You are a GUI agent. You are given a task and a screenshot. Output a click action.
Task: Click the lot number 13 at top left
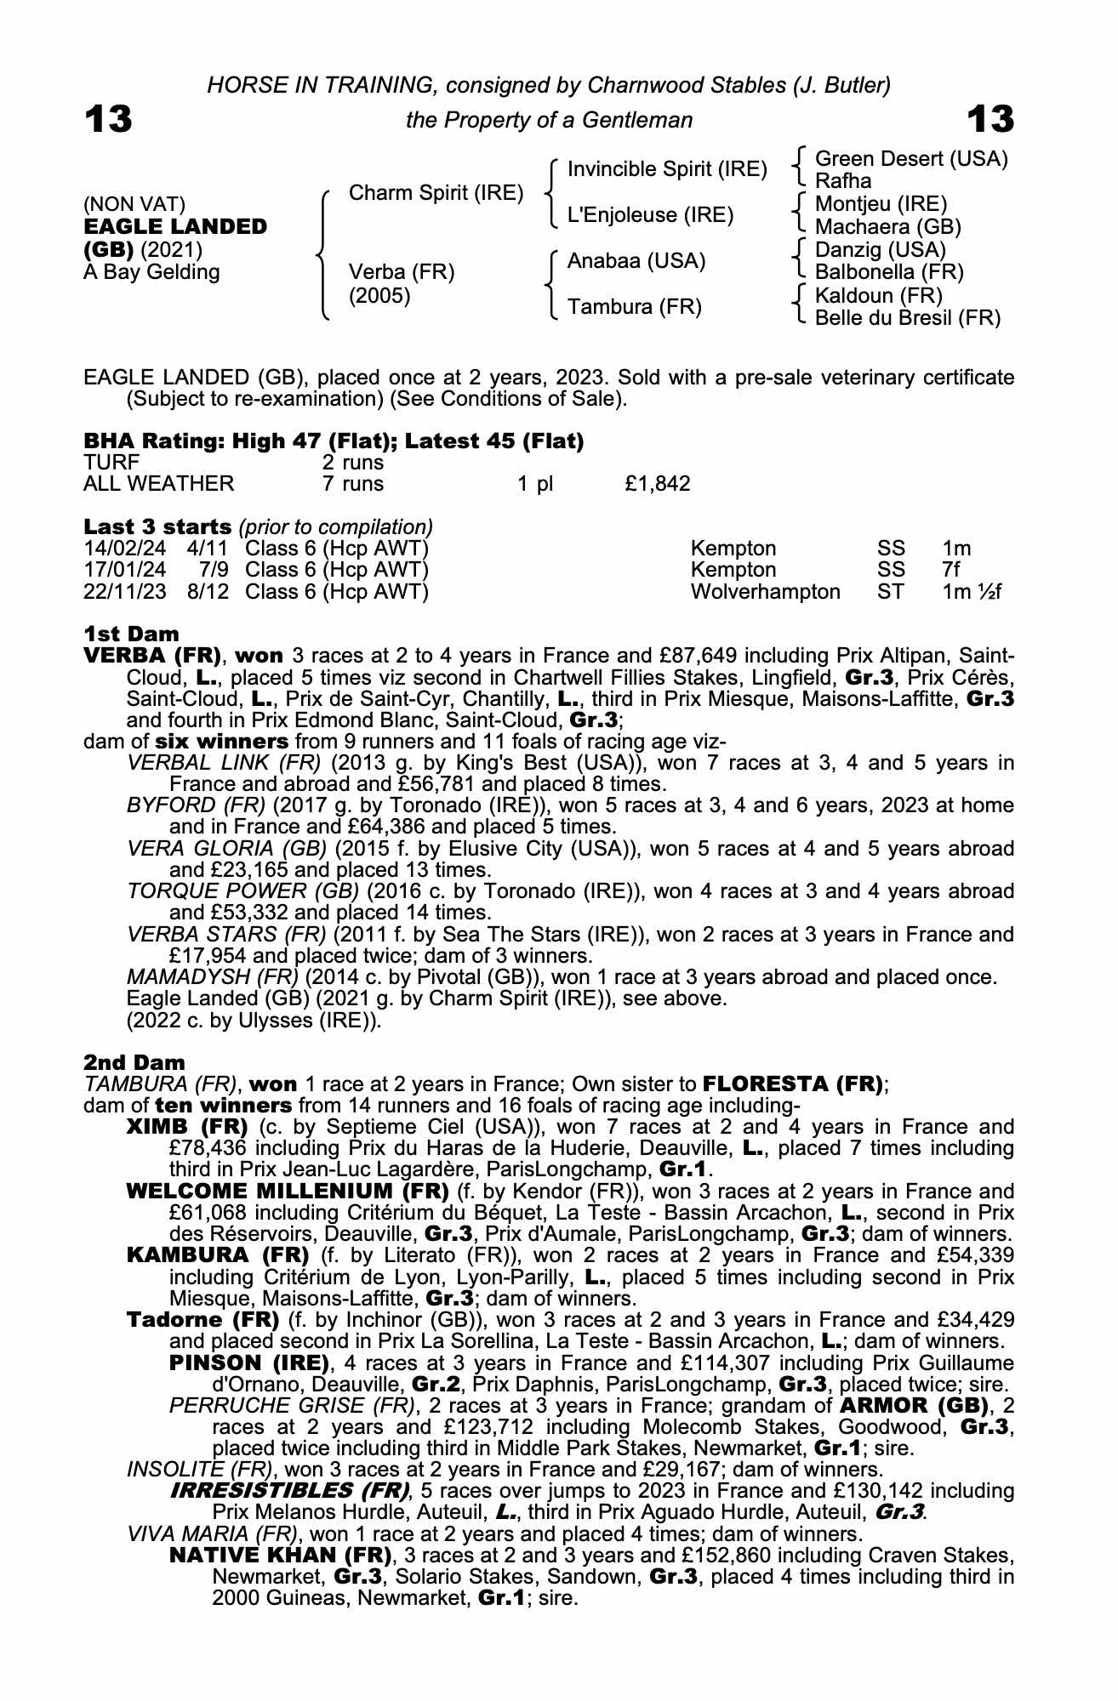[x=108, y=119]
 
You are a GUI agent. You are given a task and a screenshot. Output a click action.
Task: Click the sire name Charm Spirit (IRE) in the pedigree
[x=436, y=193]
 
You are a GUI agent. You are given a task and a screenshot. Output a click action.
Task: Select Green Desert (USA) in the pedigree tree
[x=910, y=159]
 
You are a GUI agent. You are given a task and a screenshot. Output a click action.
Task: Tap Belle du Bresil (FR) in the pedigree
[x=907, y=318]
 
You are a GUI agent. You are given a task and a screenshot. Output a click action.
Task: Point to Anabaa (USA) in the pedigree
[x=636, y=261]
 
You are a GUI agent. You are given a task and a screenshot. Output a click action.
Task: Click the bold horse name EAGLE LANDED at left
[x=175, y=227]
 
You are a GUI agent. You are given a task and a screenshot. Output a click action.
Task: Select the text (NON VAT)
[x=134, y=204]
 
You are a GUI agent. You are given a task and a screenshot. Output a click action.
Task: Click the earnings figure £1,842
[x=657, y=484]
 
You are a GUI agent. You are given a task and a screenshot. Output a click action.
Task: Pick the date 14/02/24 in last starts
[x=125, y=549]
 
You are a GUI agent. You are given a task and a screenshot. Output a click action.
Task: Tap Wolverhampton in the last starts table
[x=765, y=591]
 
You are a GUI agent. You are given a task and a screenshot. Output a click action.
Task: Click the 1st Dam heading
[x=131, y=634]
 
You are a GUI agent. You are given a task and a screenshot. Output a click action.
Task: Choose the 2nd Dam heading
[x=134, y=1062]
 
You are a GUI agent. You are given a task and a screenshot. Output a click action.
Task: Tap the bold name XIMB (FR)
[x=186, y=1128]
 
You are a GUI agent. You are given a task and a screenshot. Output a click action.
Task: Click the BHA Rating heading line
[x=334, y=441]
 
